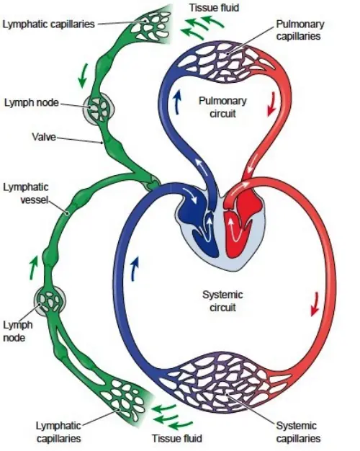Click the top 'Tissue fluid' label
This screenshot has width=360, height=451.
pyautogui.click(x=215, y=7)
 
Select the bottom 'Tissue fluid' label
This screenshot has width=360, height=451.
pyautogui.click(x=176, y=438)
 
